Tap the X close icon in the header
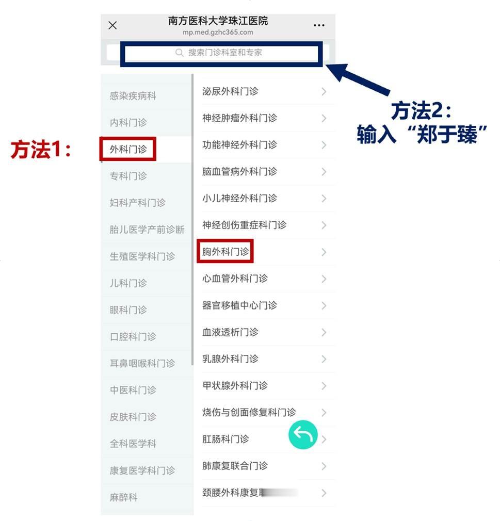pos(112,25)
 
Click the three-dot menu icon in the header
pos(319,25)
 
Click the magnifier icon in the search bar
pos(180,53)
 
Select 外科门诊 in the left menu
pos(128,150)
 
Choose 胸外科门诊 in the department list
pos(225,252)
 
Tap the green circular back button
pos(303,435)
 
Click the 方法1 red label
pos(41,150)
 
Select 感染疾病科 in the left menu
pos(133,96)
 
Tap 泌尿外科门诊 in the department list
pos(230,91)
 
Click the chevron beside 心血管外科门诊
pos(324,279)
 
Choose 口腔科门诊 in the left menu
pos(133,337)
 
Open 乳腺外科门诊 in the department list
pos(230,359)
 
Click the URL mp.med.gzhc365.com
pos(218,32)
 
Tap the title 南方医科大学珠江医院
pos(218,21)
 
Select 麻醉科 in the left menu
pos(124,498)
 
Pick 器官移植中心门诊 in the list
pos(239,305)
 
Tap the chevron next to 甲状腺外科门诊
pos(324,386)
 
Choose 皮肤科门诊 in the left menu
pos(133,417)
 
